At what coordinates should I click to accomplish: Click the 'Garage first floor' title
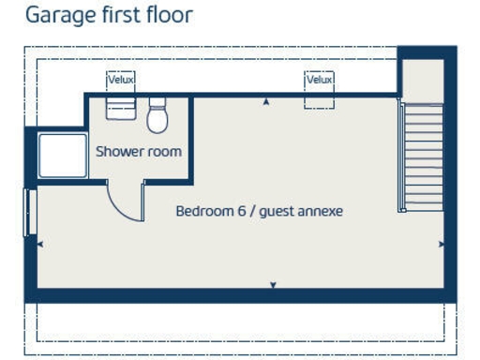click(109, 15)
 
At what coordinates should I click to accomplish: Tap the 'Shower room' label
click(139, 151)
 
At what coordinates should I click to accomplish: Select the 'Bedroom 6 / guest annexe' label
click(260, 211)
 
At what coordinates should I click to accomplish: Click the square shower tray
click(62, 155)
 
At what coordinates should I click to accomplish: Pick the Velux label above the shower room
click(121, 80)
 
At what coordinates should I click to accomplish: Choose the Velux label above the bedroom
click(320, 80)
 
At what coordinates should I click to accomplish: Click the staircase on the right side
click(422, 156)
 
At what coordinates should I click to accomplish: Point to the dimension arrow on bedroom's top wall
click(267, 101)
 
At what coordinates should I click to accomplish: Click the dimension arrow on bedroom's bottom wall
click(273, 284)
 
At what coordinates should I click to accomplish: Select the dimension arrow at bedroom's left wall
click(39, 244)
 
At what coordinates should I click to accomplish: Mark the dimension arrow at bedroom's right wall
click(441, 244)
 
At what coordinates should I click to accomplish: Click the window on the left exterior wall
click(29, 213)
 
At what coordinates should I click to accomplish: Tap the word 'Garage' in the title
click(54, 16)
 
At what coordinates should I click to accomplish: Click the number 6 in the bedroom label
click(241, 211)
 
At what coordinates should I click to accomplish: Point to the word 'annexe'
click(321, 211)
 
